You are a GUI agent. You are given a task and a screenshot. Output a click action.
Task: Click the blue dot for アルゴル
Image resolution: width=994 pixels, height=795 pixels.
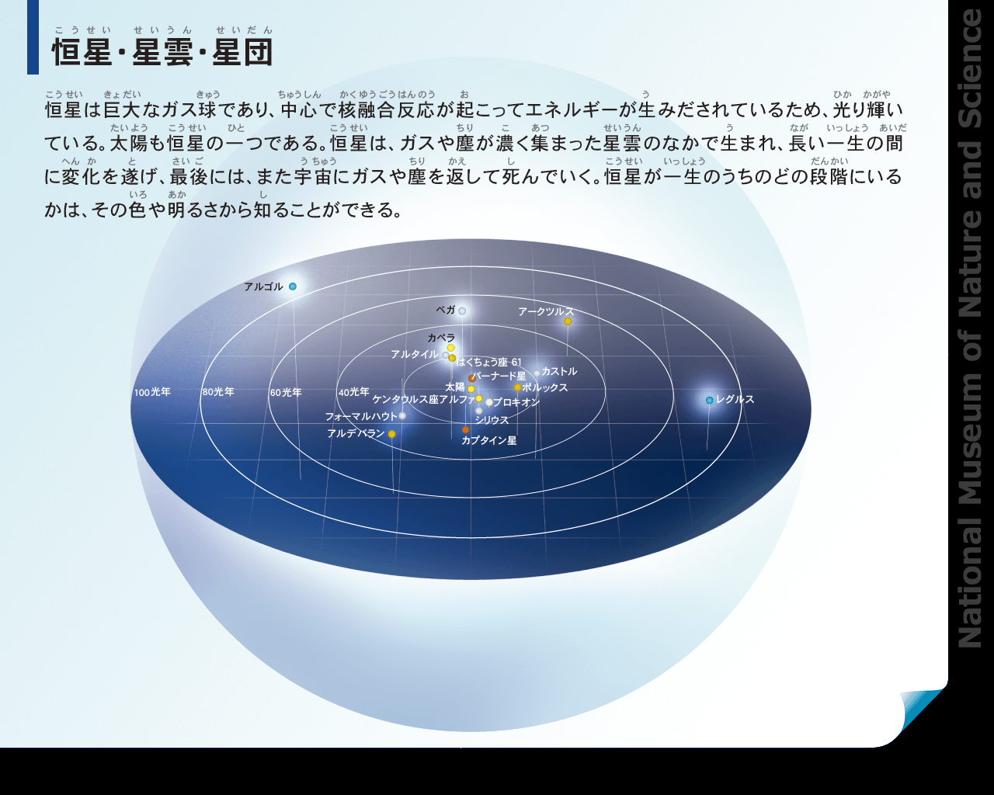click(x=293, y=286)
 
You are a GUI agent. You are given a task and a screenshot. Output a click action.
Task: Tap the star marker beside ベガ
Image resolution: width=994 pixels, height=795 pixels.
click(x=462, y=311)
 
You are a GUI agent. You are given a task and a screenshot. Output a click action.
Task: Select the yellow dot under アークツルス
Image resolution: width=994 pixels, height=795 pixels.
click(x=568, y=321)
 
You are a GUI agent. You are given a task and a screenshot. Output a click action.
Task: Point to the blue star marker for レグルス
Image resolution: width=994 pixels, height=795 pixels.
click(x=710, y=400)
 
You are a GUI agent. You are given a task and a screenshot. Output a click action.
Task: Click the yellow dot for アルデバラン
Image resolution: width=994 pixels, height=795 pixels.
click(x=391, y=434)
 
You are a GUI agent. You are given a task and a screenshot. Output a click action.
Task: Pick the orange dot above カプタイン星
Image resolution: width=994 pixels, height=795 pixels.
click(x=466, y=430)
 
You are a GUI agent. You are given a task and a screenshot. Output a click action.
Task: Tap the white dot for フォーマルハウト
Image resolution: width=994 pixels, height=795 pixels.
click(x=402, y=416)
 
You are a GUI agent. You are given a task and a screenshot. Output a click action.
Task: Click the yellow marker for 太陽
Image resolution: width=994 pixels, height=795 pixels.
click(x=471, y=389)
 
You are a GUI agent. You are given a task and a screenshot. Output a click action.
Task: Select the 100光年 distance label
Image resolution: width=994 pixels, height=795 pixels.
click(x=152, y=392)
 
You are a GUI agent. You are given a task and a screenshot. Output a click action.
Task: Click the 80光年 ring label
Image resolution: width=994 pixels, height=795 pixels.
click(x=218, y=392)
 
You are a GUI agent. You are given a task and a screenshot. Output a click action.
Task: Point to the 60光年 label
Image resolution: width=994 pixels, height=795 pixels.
click(x=286, y=392)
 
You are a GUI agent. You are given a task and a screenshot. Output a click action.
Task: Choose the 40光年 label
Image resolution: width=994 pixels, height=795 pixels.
click(x=354, y=392)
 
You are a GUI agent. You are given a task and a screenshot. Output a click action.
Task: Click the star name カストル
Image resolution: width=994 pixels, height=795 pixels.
click(x=559, y=371)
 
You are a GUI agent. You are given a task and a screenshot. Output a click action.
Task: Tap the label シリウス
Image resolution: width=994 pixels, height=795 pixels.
click(x=492, y=420)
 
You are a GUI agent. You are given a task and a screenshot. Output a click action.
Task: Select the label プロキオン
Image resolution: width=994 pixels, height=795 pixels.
click(x=516, y=402)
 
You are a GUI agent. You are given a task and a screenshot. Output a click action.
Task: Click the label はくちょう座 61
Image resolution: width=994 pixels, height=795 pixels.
click(x=488, y=362)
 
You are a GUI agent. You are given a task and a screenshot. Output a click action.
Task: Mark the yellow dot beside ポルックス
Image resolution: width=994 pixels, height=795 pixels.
click(x=517, y=387)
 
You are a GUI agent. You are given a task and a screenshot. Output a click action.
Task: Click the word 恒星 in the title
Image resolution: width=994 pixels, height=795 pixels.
click(x=82, y=52)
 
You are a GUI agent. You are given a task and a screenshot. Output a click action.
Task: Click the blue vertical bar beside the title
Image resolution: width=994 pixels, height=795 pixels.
click(x=33, y=37)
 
